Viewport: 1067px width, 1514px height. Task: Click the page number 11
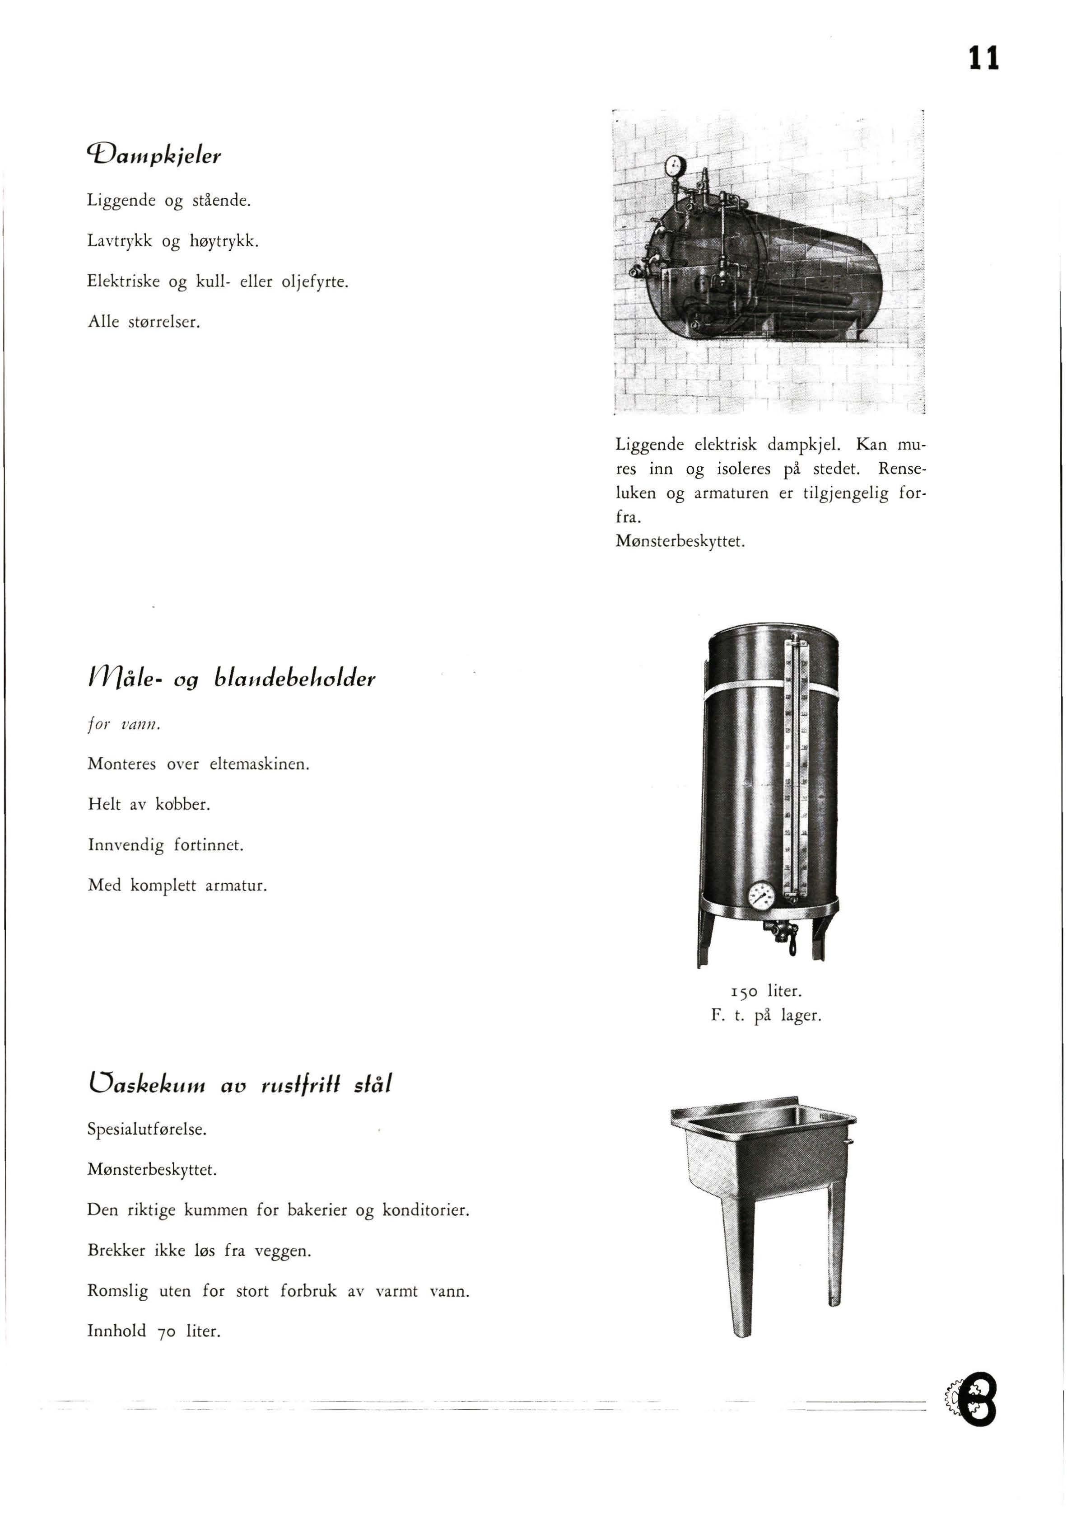pos(983,58)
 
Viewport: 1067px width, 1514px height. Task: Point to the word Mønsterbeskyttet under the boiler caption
pos(680,542)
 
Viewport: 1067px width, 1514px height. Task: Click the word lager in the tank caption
pos(801,1016)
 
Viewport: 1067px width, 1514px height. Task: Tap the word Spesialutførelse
pos(147,1130)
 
